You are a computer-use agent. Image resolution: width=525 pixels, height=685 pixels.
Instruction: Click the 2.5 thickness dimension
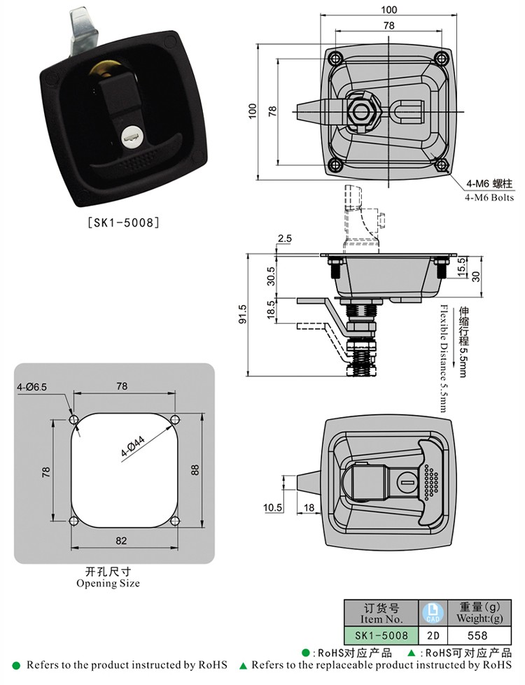tap(284, 239)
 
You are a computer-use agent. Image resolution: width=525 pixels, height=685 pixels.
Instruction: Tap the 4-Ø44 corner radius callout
tap(132, 446)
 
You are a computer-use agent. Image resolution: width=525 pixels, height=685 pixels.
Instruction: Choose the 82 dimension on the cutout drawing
tap(122, 539)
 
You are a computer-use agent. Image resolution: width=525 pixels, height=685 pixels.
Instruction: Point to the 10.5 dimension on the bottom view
tap(273, 507)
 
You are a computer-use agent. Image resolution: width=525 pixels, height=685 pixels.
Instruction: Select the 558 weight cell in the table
tap(477, 635)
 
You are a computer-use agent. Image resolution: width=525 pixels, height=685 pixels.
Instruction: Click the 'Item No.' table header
tap(381, 614)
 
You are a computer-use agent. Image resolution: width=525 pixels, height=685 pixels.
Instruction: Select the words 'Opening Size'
tap(108, 583)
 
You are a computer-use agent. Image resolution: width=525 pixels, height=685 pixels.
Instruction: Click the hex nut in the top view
tap(363, 112)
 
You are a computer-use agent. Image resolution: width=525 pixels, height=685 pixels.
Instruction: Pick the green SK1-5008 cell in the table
tap(381, 635)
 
